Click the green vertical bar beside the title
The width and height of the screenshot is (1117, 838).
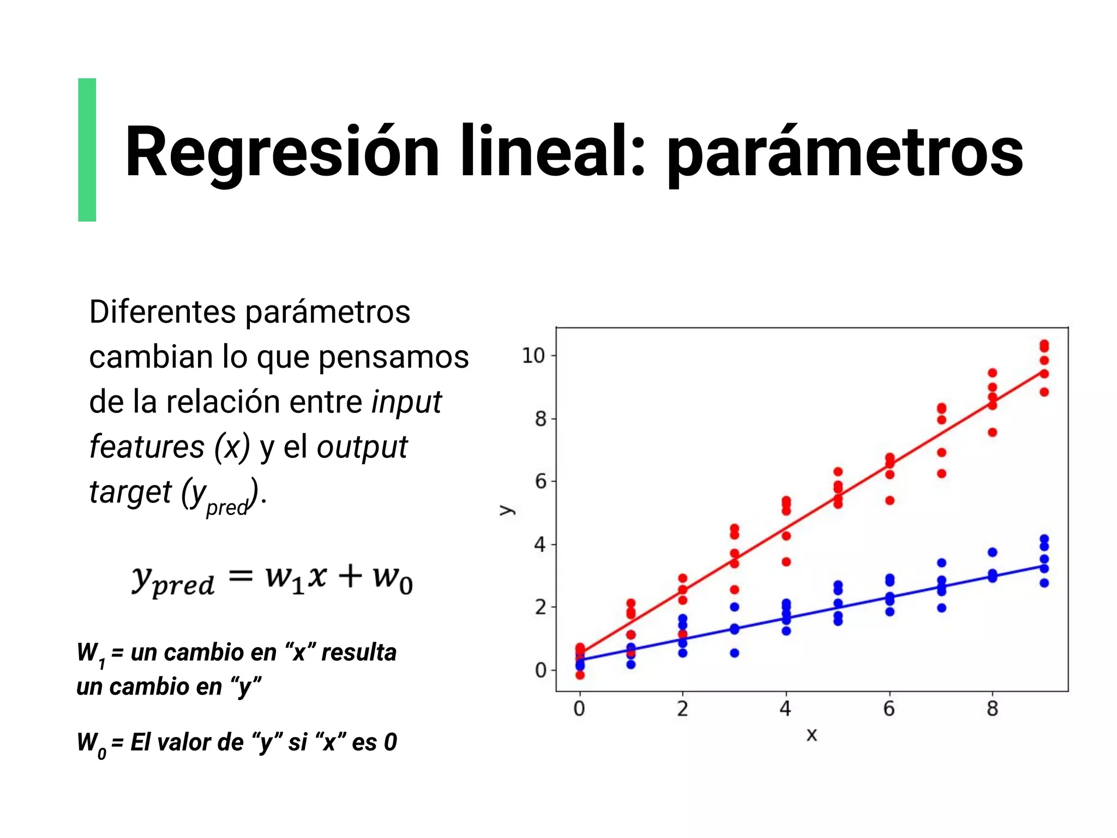coord(87,149)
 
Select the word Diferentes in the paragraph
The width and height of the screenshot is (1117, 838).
coord(162,312)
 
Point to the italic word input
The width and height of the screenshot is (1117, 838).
coord(406,403)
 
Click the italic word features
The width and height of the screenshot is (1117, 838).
coord(147,447)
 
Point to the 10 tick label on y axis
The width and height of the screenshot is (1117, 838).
coord(533,356)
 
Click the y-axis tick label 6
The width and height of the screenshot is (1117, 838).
coord(540,481)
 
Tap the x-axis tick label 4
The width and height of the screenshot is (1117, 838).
coord(785,709)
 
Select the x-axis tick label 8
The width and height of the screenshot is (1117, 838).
coord(992,709)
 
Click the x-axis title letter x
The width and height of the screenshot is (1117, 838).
coord(812,735)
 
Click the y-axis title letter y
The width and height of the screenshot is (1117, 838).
coord(507,510)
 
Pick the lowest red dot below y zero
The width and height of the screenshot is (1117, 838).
coord(580,675)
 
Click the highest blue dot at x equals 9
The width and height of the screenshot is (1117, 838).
coord(1044,539)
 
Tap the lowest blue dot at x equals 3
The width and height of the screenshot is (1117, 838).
coord(735,653)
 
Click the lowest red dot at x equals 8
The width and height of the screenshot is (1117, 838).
coord(993,433)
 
